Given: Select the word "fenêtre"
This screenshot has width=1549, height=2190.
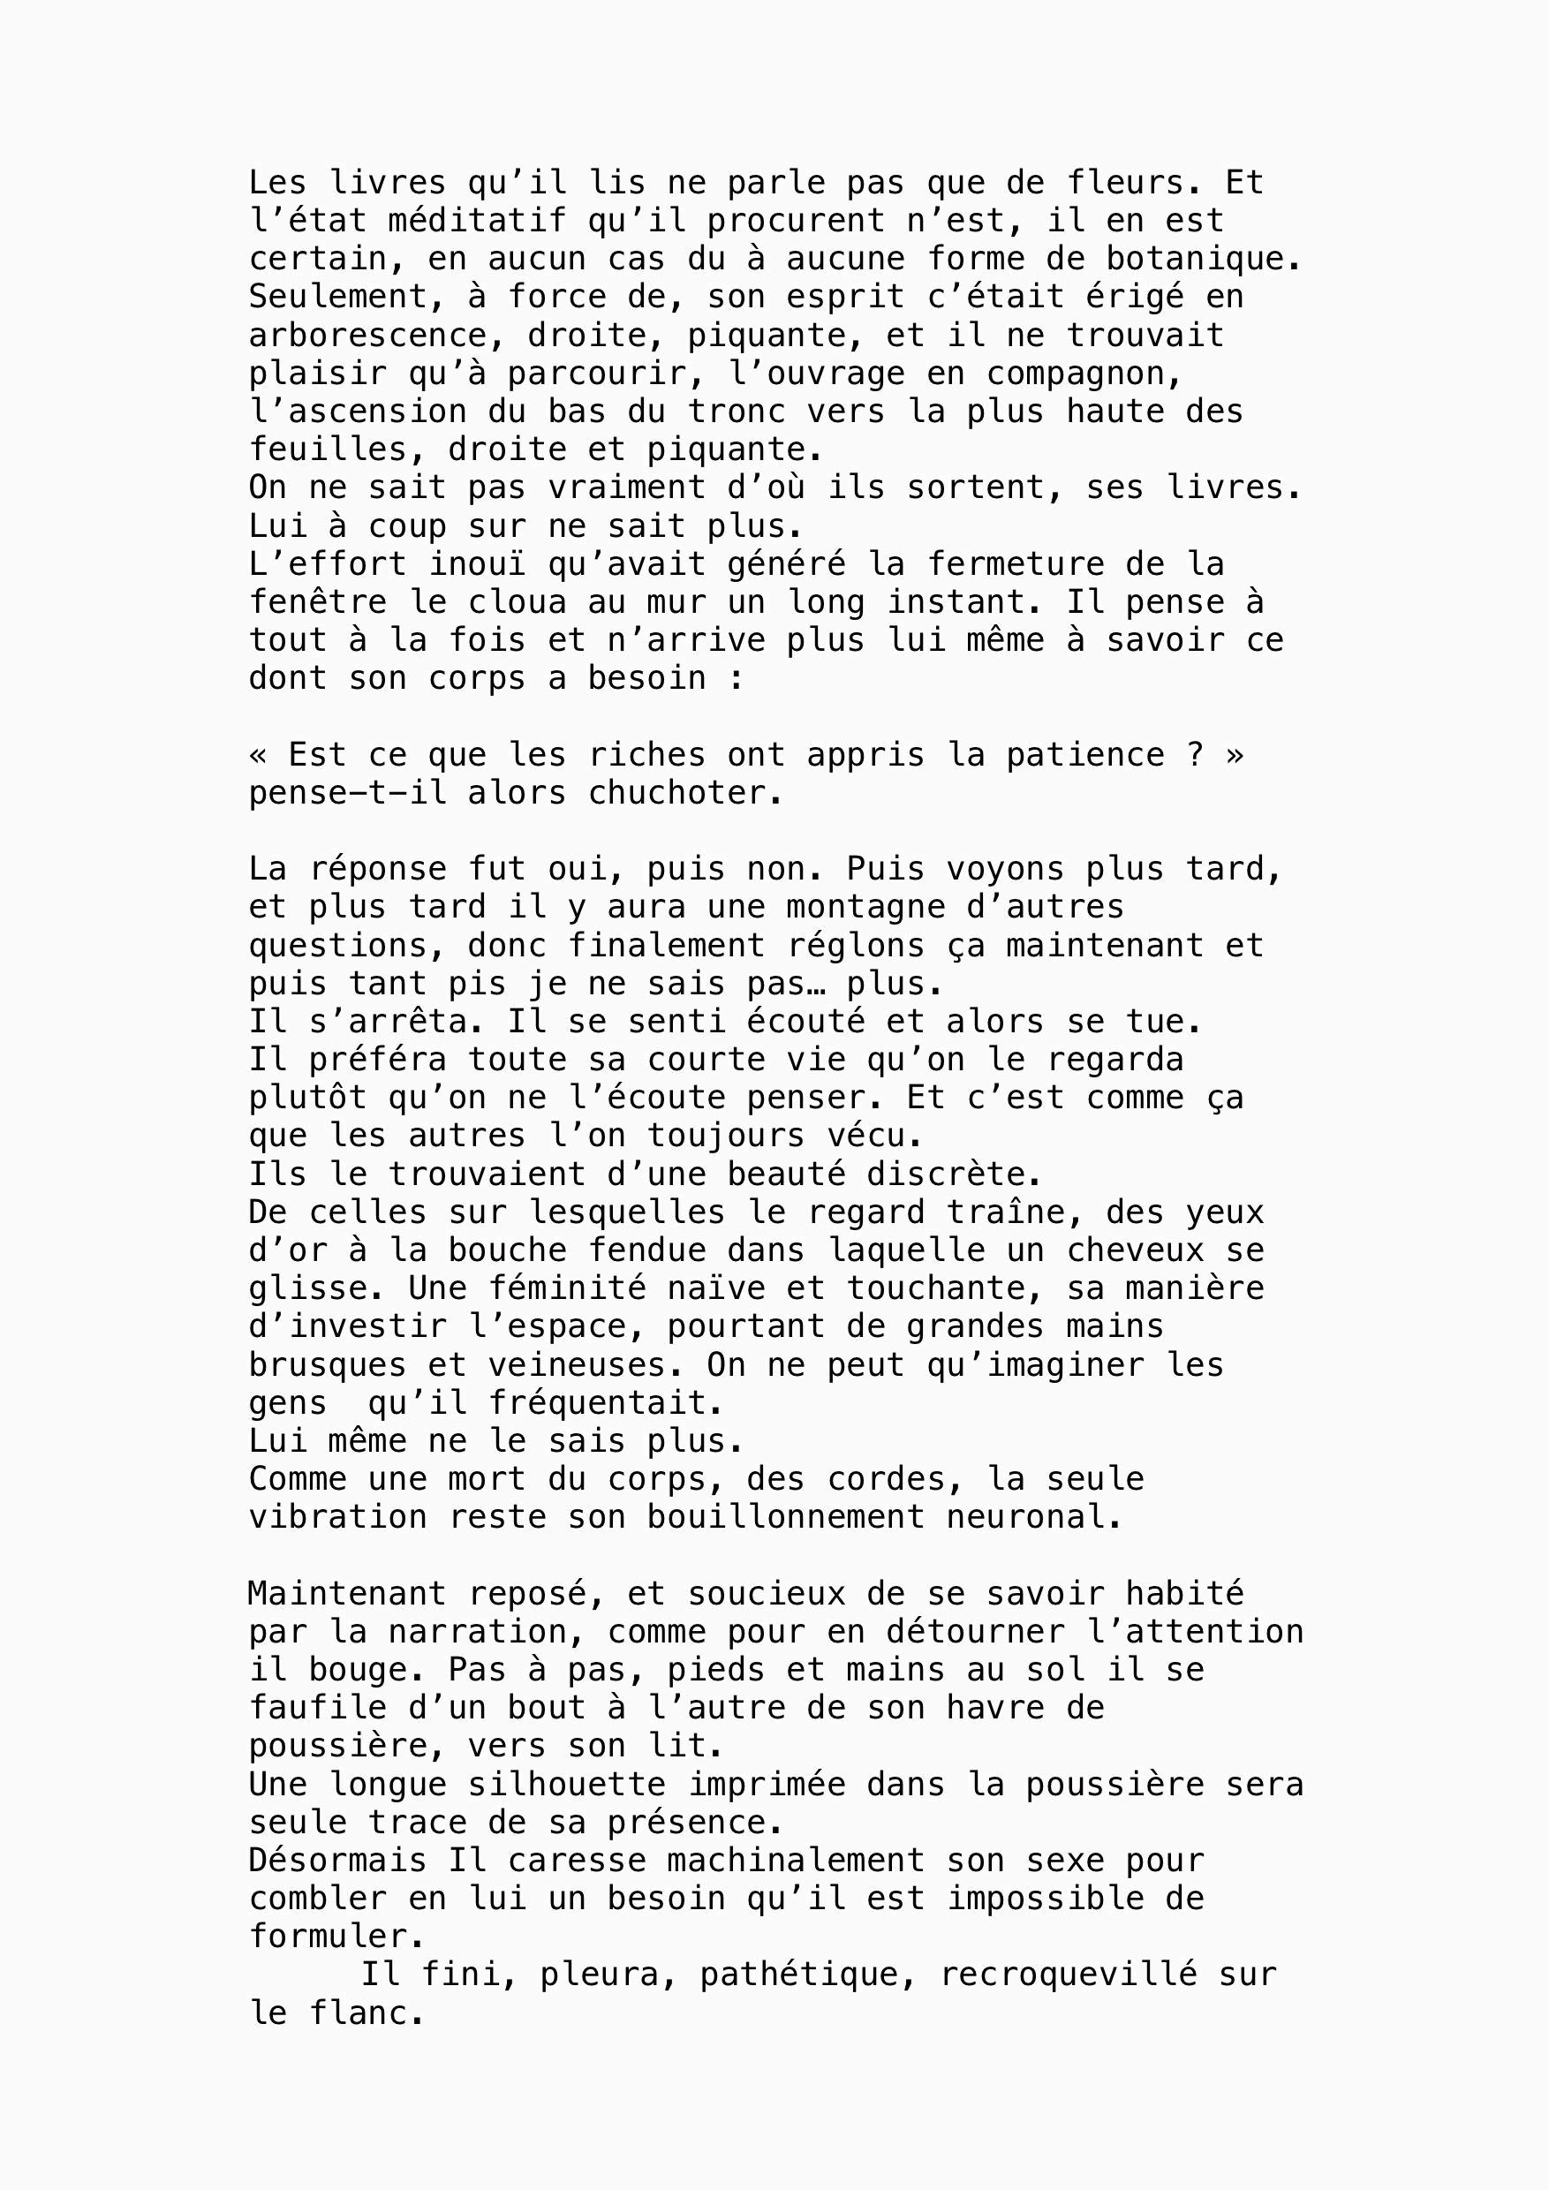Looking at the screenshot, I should pyautogui.click(x=318, y=602).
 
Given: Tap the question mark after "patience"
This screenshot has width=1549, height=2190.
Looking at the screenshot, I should pyautogui.click(x=1194, y=754).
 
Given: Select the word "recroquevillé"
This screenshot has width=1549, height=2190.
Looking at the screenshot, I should pyautogui.click(x=1069, y=1975).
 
